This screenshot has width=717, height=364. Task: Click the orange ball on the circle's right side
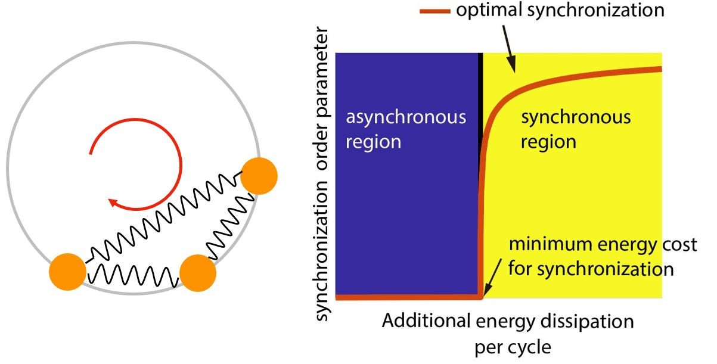(259, 176)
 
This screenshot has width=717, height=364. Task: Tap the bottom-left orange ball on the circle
(67, 272)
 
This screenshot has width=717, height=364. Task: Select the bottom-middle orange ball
(197, 272)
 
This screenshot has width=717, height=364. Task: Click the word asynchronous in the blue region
(406, 117)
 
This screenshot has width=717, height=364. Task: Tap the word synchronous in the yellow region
(576, 117)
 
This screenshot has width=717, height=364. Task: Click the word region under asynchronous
(374, 142)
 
